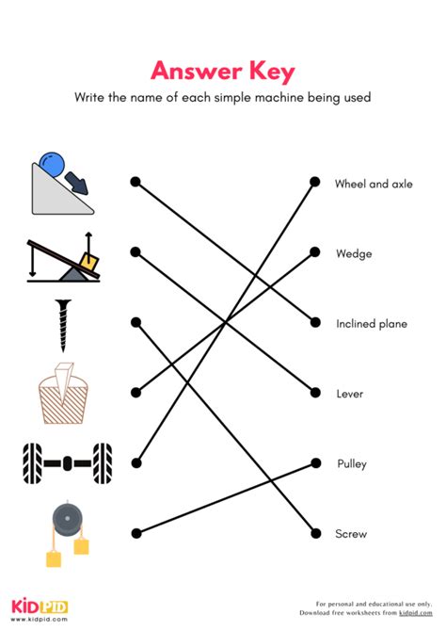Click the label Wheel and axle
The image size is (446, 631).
(x=374, y=184)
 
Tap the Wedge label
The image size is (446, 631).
(x=354, y=253)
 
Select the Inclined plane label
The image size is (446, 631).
(x=372, y=324)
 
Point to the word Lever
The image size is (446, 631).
(x=349, y=394)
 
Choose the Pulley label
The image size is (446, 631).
(x=352, y=464)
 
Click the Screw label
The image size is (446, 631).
(x=351, y=534)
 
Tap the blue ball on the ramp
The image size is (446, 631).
(x=52, y=164)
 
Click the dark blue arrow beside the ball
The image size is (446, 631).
(x=76, y=183)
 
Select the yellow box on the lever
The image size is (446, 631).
(x=89, y=262)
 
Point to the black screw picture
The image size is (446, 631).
(x=63, y=325)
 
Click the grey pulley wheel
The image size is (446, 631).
(x=67, y=519)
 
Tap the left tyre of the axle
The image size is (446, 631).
(x=32, y=463)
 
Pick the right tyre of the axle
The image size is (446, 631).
(x=103, y=463)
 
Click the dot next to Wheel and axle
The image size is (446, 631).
(x=315, y=182)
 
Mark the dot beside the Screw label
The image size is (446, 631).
(x=316, y=534)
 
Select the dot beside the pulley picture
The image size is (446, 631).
(x=136, y=534)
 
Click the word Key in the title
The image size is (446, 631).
(x=272, y=72)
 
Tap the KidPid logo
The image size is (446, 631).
(x=40, y=608)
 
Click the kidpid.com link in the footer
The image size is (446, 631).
(x=416, y=613)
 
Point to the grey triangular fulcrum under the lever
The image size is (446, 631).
(x=72, y=274)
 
